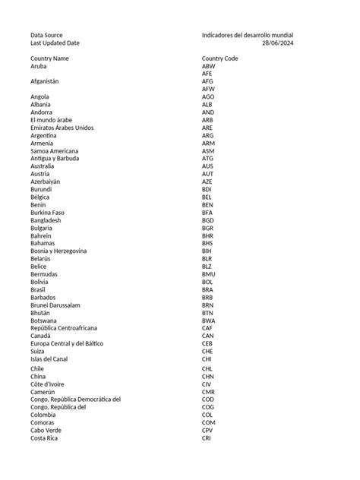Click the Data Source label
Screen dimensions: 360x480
46,35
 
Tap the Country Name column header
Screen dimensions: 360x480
49,58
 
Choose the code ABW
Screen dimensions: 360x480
209,67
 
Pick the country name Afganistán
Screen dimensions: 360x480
44,81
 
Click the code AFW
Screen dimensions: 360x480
209,89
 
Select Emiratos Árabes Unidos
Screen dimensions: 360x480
62,128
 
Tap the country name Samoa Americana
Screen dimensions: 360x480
54,150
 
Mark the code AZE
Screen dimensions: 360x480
207,182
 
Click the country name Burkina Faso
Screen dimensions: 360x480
47,213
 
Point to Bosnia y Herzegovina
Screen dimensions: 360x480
58,251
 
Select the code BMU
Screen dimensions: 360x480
209,274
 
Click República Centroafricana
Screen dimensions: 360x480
64,328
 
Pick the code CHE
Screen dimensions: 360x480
208,351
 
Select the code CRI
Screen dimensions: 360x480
207,438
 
